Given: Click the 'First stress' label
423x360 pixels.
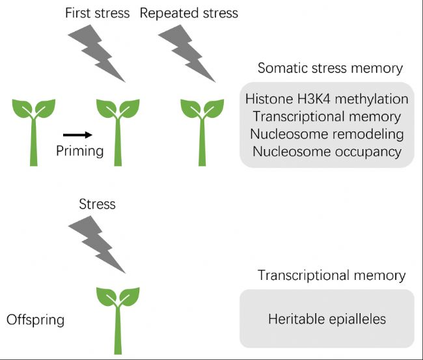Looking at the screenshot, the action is click(98, 13).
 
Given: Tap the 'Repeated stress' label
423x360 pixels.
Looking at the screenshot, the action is click(189, 13).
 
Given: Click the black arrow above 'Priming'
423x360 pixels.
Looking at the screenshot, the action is click(77, 135).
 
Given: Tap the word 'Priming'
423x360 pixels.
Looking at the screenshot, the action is click(80, 151).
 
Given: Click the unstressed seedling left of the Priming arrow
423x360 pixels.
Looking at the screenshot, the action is click(34, 133).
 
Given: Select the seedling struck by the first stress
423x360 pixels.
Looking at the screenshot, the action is click(118, 133).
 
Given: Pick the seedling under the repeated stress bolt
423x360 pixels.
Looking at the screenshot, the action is click(202, 133).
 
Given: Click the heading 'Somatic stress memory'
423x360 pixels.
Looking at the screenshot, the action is click(330, 68).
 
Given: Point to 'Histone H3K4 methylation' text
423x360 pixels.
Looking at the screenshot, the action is click(327, 99).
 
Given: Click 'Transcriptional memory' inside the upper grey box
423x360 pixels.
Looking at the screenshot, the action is click(327, 117).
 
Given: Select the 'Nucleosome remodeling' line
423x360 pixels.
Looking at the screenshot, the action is click(327, 134).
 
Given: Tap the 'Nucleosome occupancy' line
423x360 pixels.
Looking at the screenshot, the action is click(327, 152).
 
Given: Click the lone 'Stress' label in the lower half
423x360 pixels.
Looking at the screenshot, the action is click(98, 204).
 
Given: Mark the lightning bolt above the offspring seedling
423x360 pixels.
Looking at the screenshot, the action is click(97, 245).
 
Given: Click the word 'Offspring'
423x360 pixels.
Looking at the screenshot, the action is click(35, 320).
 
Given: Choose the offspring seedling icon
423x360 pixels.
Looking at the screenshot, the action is click(118, 321).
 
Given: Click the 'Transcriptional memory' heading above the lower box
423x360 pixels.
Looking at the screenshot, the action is click(331, 275).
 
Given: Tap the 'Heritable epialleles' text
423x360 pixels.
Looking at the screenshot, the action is click(327, 319).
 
